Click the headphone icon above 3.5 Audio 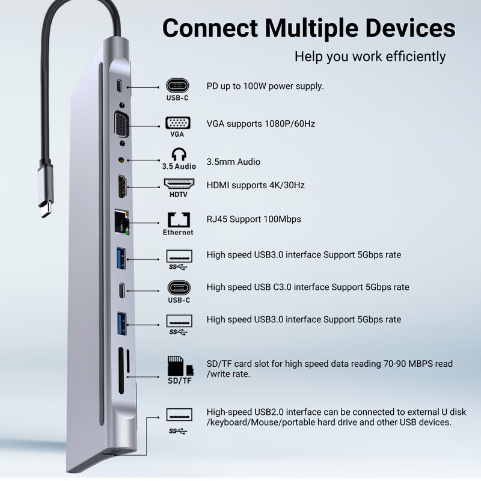click(x=179, y=153)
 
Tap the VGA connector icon click(x=179, y=123)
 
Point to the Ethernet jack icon click(x=178, y=218)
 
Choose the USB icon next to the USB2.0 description click(x=179, y=415)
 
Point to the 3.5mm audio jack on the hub click(x=123, y=161)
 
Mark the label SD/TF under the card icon click(x=179, y=381)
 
